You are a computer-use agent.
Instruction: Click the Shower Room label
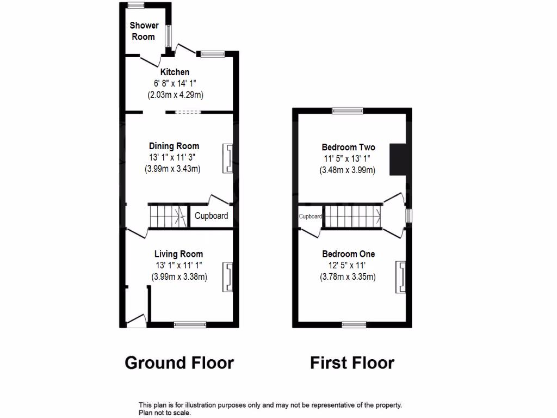(144, 31)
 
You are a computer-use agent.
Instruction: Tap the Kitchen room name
(175, 72)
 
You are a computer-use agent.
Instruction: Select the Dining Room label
(174, 146)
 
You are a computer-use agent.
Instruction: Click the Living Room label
(178, 254)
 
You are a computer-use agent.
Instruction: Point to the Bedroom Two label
(348, 147)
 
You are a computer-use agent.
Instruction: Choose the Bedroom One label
(348, 254)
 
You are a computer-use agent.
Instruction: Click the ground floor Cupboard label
(212, 216)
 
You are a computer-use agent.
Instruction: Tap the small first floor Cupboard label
(310, 216)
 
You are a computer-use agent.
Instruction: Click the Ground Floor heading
(179, 362)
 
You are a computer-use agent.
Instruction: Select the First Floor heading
(352, 362)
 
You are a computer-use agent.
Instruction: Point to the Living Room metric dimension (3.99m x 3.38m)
(180, 276)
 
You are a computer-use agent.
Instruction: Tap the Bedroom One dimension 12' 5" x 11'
(348, 265)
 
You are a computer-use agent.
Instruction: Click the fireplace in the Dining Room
(228, 159)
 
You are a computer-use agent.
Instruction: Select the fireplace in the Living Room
(228, 276)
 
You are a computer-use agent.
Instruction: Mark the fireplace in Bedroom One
(401, 275)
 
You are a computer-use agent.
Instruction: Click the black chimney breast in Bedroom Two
(398, 159)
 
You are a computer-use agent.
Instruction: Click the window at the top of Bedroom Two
(348, 111)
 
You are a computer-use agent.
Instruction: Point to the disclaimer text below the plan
(270, 409)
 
